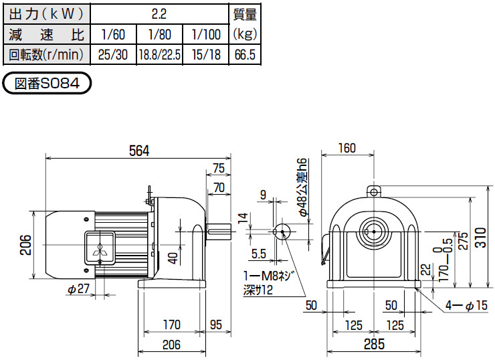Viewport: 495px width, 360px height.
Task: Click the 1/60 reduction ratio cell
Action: [112, 33]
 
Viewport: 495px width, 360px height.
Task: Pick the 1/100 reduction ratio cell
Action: [205, 33]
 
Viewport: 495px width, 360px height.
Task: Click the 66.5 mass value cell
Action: [244, 55]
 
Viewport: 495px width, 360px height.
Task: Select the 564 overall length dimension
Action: [138, 151]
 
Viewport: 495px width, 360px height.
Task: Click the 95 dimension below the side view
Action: [216, 325]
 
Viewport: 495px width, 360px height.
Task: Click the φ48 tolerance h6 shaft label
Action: [303, 187]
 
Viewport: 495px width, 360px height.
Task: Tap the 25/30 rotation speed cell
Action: [112, 55]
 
